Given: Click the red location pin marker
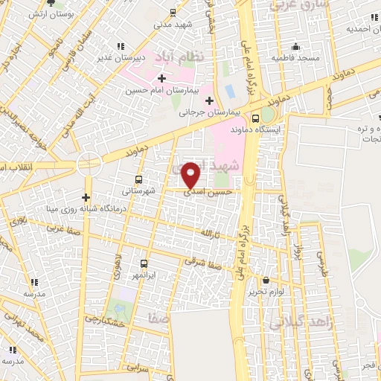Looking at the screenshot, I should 192,174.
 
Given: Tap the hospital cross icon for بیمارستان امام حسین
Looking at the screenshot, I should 161,78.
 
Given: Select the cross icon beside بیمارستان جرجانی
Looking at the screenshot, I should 209,100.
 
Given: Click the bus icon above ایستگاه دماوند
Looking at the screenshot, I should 256,118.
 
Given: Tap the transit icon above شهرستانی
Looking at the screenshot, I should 138,179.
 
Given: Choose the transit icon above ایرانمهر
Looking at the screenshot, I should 144,263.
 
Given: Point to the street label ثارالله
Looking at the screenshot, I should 207,233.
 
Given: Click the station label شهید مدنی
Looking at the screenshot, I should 176,24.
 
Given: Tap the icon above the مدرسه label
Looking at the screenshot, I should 34,282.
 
